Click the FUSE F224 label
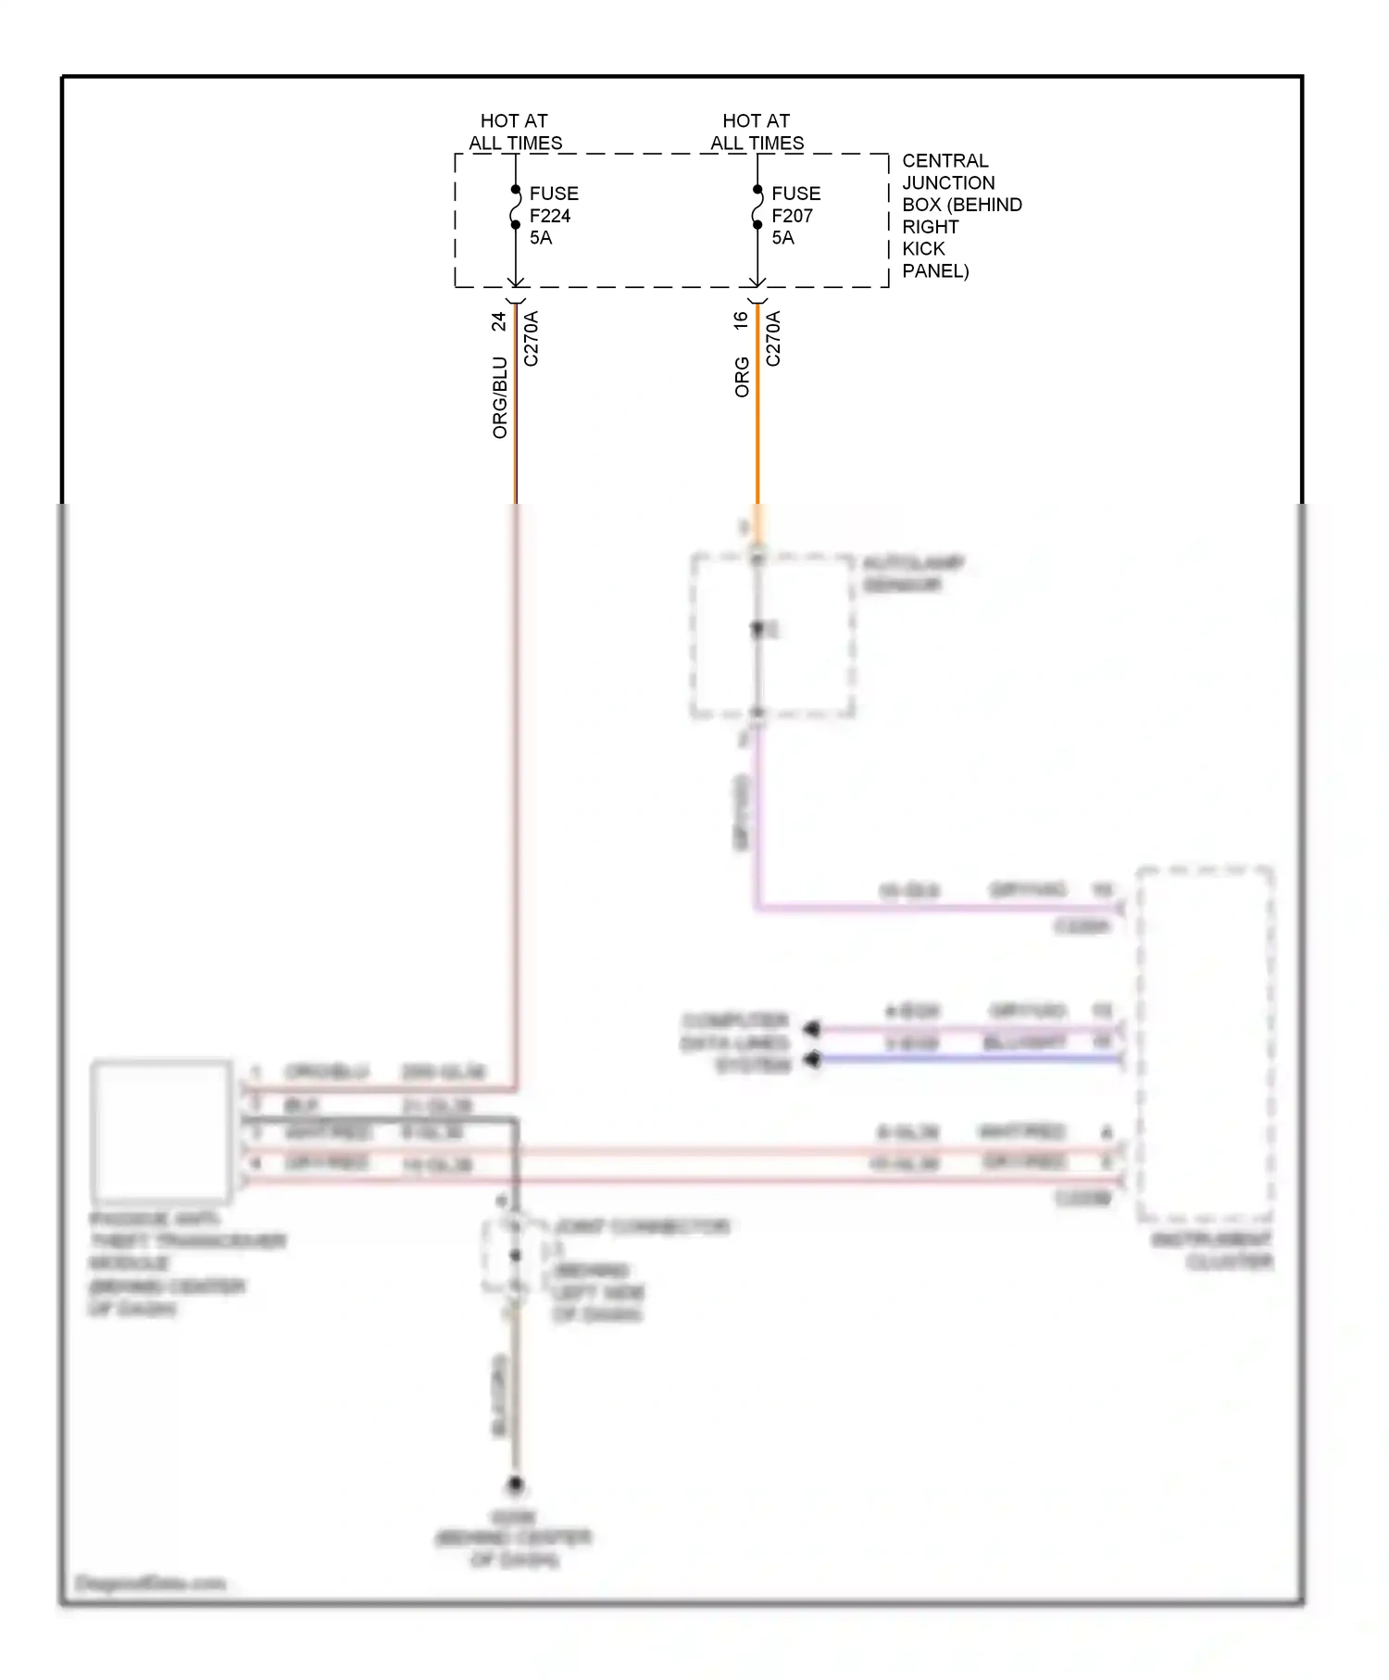pos(553,215)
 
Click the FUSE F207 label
pos(795,215)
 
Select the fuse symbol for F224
pos(516,207)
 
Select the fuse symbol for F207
pos(757,207)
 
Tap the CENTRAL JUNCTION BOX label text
pos(960,215)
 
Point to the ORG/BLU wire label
pos(500,396)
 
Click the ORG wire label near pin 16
pos(742,377)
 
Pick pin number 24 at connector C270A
pos(498,321)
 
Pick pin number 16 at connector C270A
pos(740,320)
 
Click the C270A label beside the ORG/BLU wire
pos(531,339)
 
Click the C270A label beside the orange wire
pos(773,339)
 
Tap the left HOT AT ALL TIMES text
pos(515,132)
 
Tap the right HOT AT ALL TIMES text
pos(757,132)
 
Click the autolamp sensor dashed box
pos(772,635)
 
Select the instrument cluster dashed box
pos(1205,1043)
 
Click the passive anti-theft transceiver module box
pos(161,1130)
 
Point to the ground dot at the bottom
pos(515,1484)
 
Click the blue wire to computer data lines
pos(972,1059)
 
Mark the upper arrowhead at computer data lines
pos(812,1029)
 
